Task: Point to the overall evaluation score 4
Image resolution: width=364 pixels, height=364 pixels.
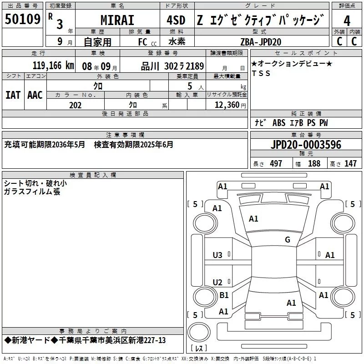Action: (347, 20)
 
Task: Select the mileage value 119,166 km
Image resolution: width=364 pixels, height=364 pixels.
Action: (53, 66)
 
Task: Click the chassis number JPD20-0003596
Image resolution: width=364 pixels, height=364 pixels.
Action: (305, 145)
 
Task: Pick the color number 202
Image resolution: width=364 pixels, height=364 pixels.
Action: (75, 105)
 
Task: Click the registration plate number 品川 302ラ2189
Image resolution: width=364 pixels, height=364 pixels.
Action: (172, 66)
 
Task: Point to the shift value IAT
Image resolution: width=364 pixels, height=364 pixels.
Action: (13, 95)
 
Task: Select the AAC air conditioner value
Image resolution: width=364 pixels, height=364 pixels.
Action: (35, 95)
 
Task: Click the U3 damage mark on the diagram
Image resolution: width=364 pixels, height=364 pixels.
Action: (217, 255)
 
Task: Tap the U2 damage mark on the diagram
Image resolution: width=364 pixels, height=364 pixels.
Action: (217, 283)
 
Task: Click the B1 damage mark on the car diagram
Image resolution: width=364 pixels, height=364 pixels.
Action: (224, 295)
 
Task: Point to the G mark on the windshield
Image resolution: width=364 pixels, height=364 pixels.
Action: (287, 240)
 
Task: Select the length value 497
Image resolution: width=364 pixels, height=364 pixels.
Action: (276, 163)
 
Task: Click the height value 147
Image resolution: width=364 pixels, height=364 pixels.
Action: (350, 163)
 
